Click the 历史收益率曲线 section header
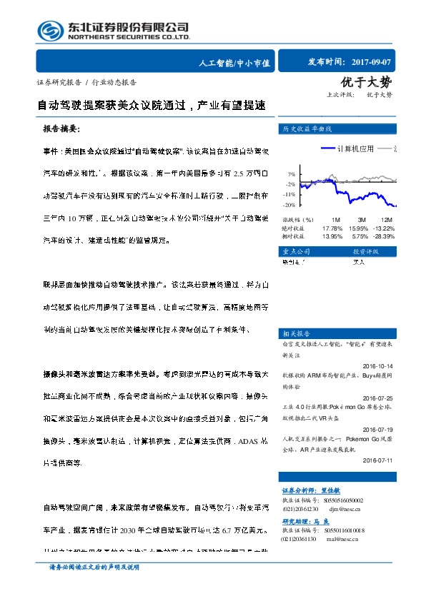pos(307,129)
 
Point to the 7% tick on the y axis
pos(292,174)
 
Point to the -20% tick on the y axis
pos(289,204)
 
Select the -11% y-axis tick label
pos(289,194)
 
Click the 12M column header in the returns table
pos(387,219)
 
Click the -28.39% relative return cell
pos(384,236)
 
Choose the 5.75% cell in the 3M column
pos(361,236)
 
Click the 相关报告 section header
pos(296,333)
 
